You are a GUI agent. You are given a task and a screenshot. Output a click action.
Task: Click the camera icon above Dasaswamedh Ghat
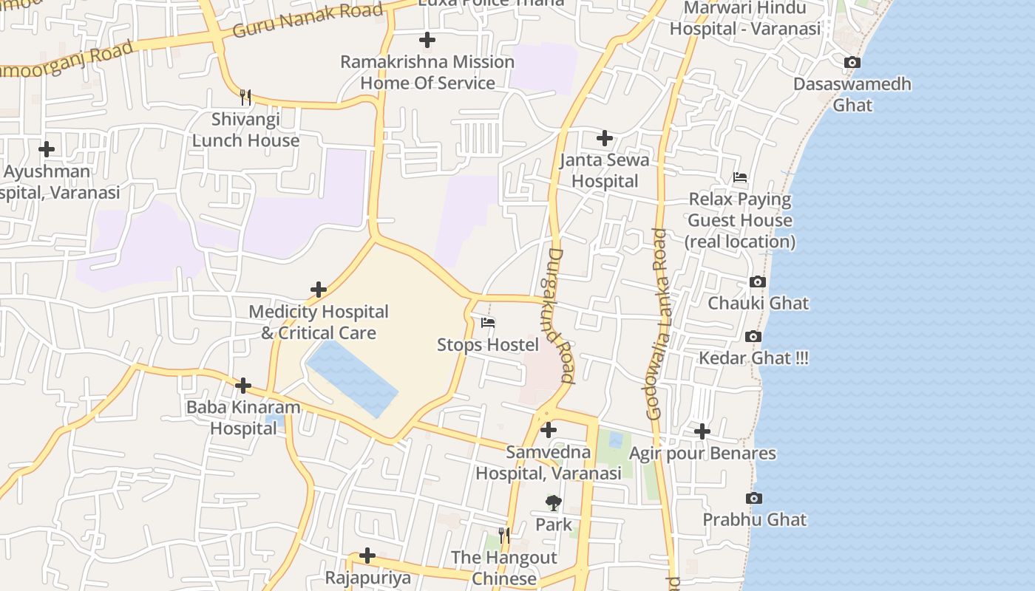click(x=852, y=63)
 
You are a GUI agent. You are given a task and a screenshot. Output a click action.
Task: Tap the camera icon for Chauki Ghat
click(x=757, y=281)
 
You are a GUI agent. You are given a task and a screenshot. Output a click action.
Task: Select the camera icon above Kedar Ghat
click(x=753, y=336)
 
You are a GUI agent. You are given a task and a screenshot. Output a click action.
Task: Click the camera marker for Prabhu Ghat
click(x=753, y=498)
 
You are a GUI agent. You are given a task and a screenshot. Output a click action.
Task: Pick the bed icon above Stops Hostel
click(x=487, y=323)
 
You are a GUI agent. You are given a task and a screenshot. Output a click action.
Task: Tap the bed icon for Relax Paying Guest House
click(x=739, y=177)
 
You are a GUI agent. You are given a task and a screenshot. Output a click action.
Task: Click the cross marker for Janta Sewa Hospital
click(x=605, y=138)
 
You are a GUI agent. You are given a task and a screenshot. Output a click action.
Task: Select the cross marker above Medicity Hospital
click(x=319, y=290)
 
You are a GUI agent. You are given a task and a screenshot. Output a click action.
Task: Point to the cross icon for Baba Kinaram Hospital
click(x=243, y=386)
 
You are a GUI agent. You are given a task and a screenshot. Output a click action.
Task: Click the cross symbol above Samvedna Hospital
click(x=549, y=430)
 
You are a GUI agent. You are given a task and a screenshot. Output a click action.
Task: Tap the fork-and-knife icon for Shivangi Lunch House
click(x=245, y=97)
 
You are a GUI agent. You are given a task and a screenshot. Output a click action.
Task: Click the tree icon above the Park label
click(x=553, y=503)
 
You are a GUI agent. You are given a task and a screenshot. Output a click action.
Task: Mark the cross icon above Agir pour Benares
click(x=702, y=431)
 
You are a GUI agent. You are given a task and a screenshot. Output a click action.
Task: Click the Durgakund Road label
click(x=560, y=315)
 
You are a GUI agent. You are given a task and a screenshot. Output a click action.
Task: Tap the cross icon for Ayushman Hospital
click(x=47, y=149)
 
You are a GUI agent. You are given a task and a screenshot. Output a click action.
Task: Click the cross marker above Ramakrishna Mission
click(x=427, y=40)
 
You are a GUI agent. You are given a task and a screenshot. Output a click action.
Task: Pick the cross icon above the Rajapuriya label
click(x=367, y=556)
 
